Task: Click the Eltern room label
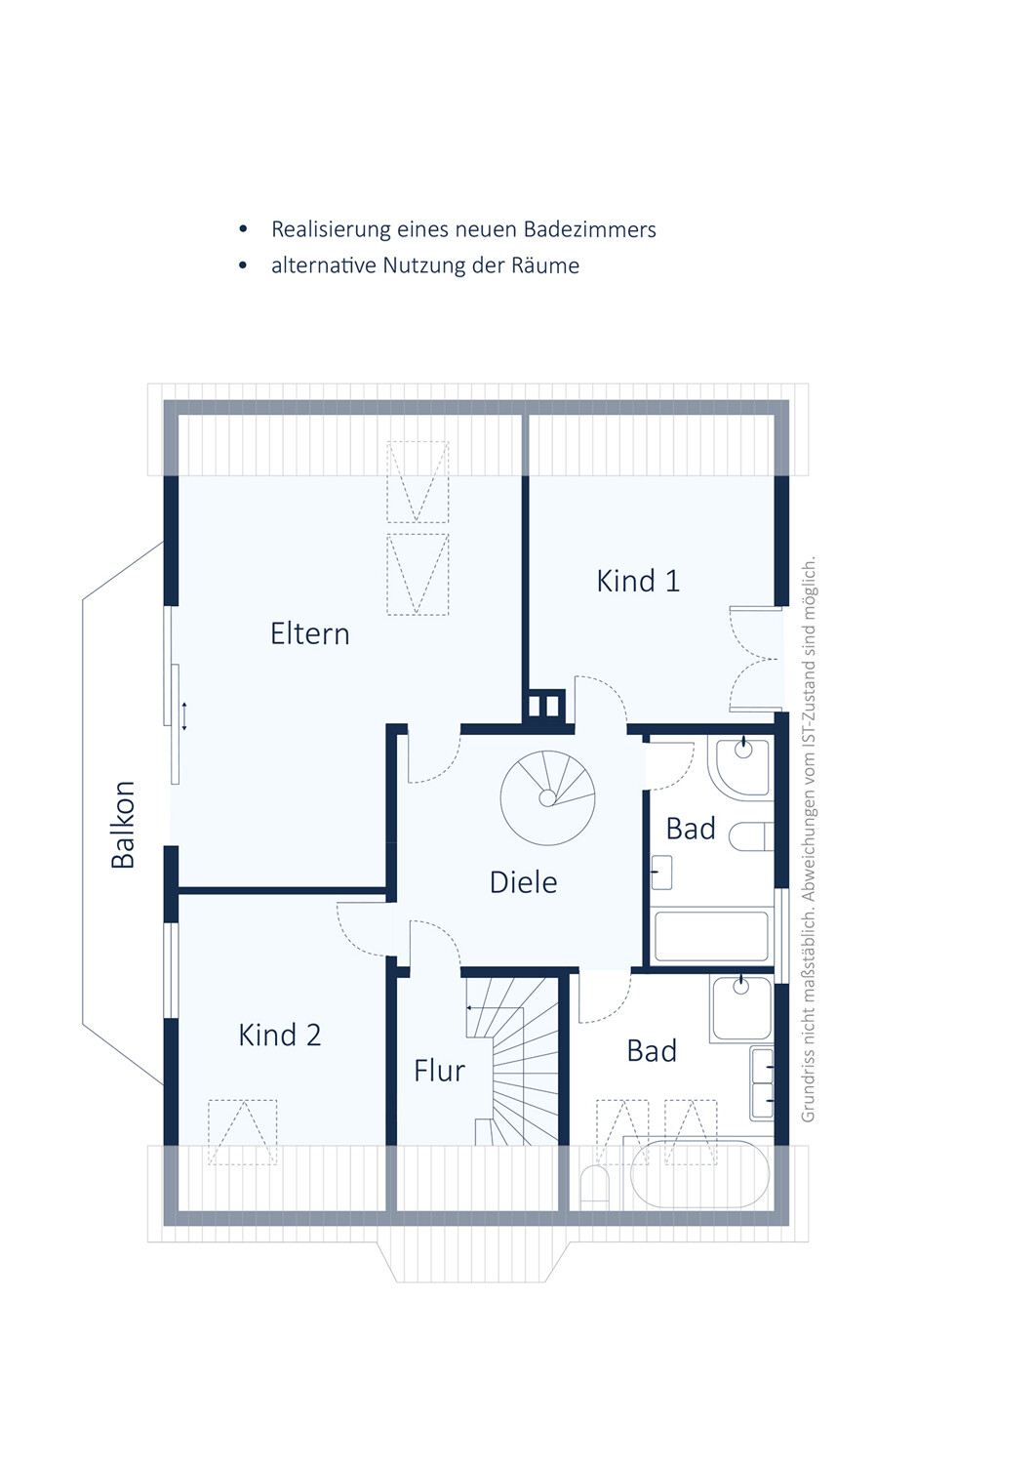(x=309, y=634)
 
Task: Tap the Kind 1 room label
(x=638, y=581)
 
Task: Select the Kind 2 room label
(x=280, y=1036)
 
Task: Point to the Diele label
(x=524, y=882)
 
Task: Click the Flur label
(x=439, y=1071)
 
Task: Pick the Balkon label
(x=123, y=825)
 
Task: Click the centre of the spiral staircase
(x=547, y=798)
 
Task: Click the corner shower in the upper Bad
(x=742, y=767)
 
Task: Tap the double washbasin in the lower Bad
(x=762, y=1083)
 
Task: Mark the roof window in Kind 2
(x=243, y=1132)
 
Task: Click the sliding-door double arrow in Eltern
(x=184, y=715)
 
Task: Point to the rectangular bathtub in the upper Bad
(x=711, y=937)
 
